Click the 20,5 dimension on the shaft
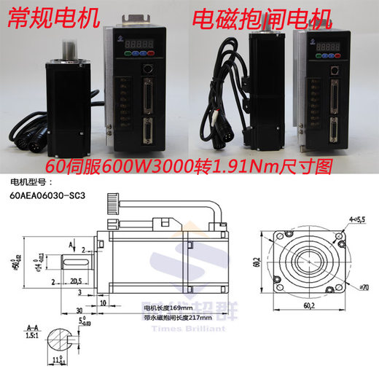point(76,279)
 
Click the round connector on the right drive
point(335,71)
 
